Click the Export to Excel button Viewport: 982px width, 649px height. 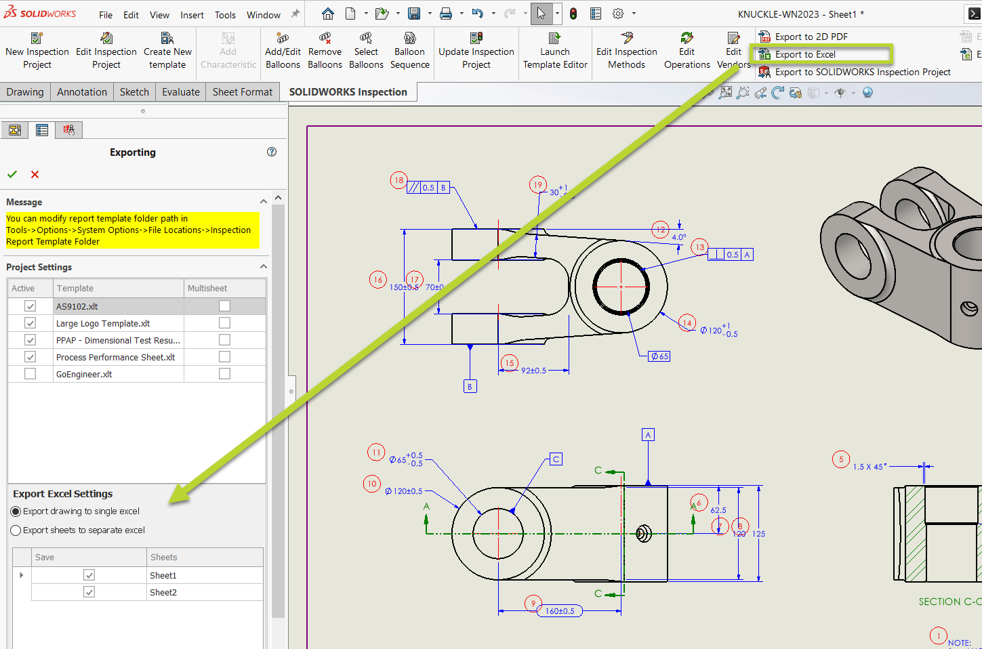pyautogui.click(x=804, y=54)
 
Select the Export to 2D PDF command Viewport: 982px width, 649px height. pyautogui.click(x=811, y=37)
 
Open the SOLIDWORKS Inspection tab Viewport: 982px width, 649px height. pyautogui.click(x=348, y=92)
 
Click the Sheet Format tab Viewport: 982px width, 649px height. pyautogui.click(x=242, y=92)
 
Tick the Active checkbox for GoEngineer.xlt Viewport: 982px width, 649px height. pyautogui.click(x=30, y=374)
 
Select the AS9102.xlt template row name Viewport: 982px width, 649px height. pyautogui.click(x=77, y=306)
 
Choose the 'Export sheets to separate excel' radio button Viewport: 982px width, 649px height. pyautogui.click(x=16, y=530)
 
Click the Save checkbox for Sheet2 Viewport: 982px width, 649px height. pyautogui.click(x=89, y=592)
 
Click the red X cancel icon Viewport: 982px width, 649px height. pyautogui.click(x=35, y=175)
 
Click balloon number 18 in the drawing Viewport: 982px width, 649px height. pyautogui.click(x=398, y=180)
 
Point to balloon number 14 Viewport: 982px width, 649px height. pyautogui.click(x=687, y=323)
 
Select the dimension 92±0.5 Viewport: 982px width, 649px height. pyautogui.click(x=533, y=371)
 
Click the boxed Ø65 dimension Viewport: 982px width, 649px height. pyautogui.click(x=659, y=356)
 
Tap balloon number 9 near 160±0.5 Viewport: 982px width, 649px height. pyautogui.click(x=533, y=604)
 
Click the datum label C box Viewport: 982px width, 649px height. pyautogui.click(x=556, y=459)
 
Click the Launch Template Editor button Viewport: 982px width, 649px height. pyautogui.click(x=555, y=51)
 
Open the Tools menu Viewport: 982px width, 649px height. pyautogui.click(x=225, y=15)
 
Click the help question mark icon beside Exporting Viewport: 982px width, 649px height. pyautogui.click(x=272, y=152)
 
